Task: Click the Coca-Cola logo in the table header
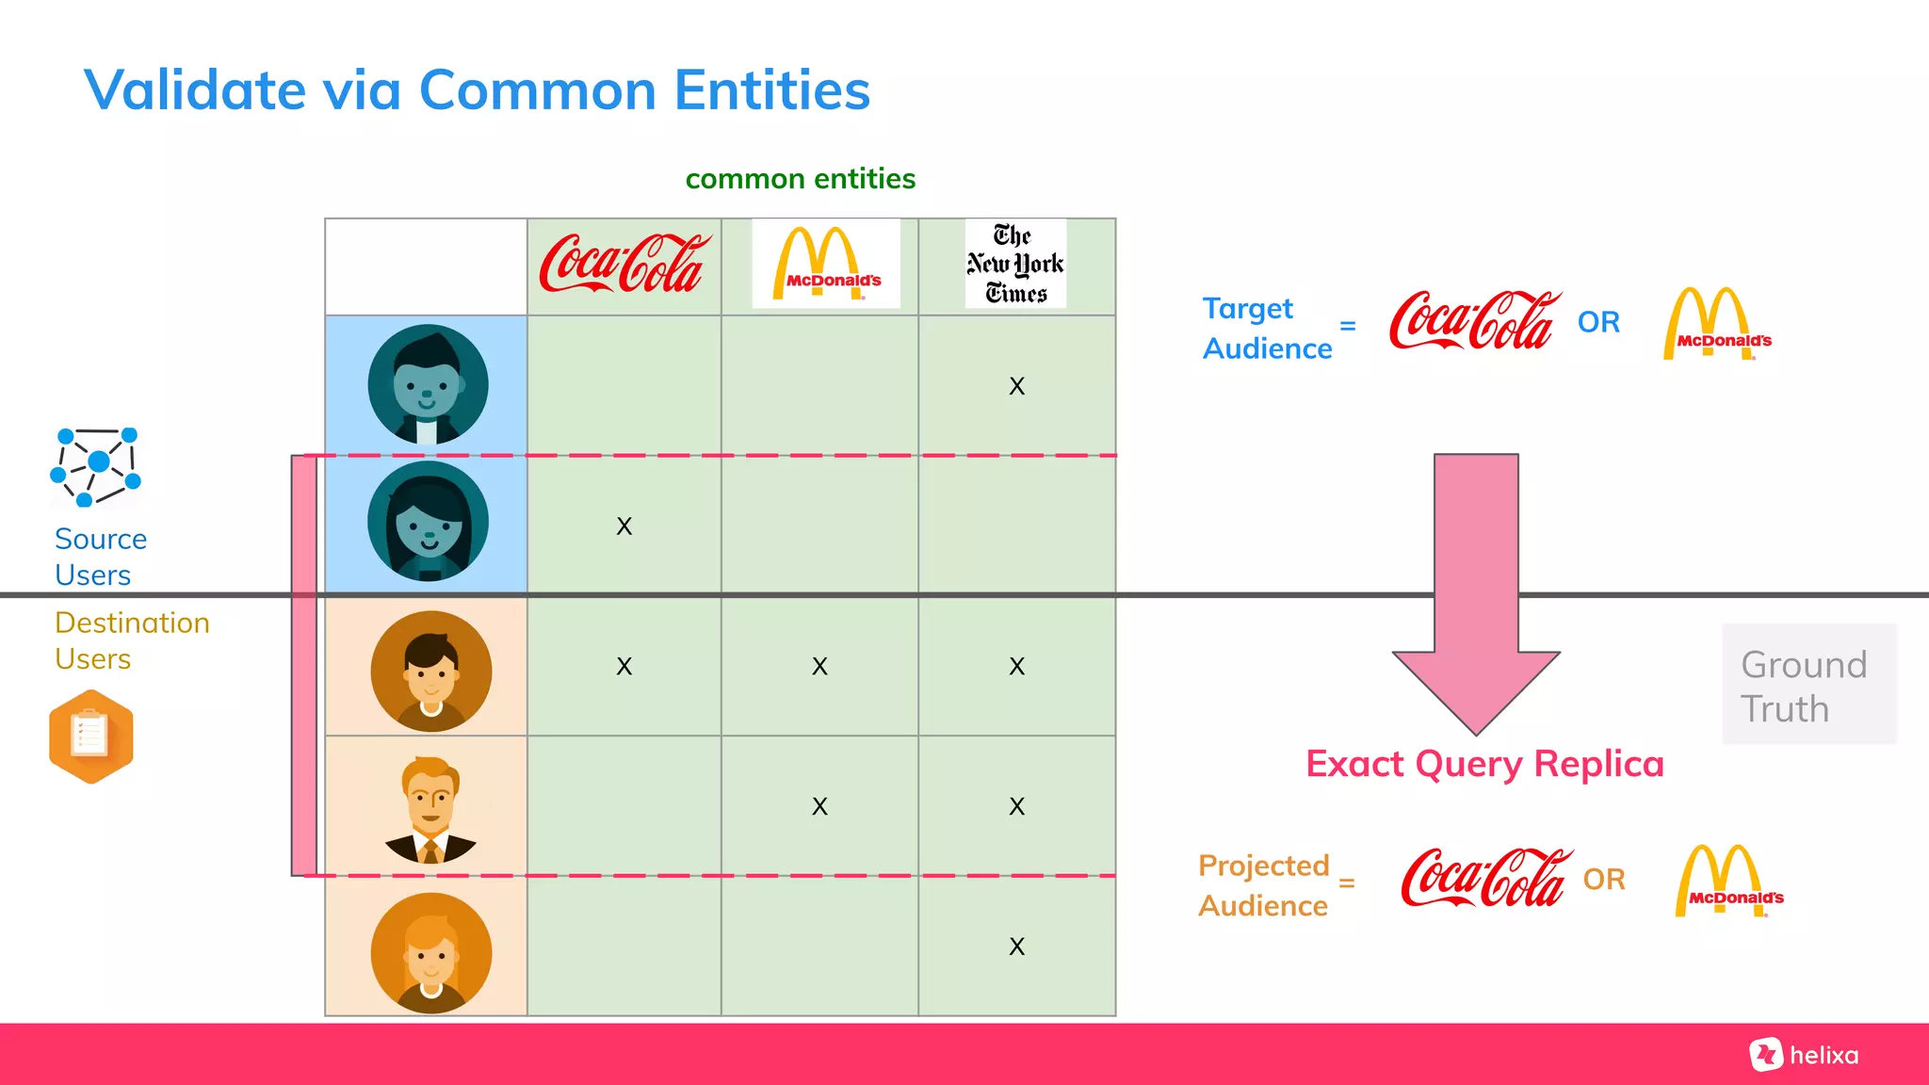tap(624, 264)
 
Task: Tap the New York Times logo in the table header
tap(1015, 265)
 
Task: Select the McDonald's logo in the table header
tap(825, 264)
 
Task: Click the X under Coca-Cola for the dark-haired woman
tap(624, 526)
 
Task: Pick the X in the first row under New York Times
tap(1016, 386)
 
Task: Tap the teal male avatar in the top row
tap(429, 384)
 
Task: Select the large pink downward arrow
tap(1476, 593)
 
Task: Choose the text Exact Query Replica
tap(1484, 764)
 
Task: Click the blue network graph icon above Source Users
tap(95, 466)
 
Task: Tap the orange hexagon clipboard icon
tap(91, 737)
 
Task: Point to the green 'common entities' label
tap(800, 179)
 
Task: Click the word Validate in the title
tap(195, 90)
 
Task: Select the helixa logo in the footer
tap(1805, 1055)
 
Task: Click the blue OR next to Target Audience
tap(1598, 322)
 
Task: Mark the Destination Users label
tap(132, 640)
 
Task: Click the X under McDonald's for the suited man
tap(819, 806)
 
